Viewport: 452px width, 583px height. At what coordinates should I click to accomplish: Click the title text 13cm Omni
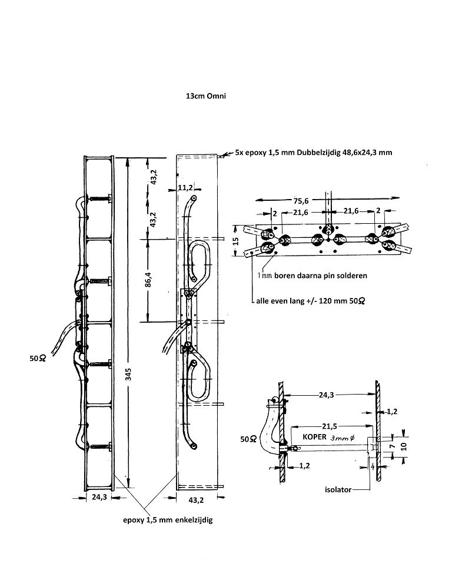pyautogui.click(x=206, y=96)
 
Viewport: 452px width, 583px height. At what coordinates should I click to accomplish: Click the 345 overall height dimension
pyautogui.click(x=128, y=374)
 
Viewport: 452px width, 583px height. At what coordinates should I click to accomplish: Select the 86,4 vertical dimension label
pyautogui.click(x=148, y=280)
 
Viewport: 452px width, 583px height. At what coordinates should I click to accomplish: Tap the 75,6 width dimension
pyautogui.click(x=301, y=201)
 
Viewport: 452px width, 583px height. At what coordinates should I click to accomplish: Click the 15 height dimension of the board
pyautogui.click(x=235, y=241)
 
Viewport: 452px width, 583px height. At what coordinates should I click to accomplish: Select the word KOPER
pyautogui.click(x=314, y=437)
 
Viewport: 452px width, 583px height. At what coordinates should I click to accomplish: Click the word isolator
pyautogui.click(x=338, y=490)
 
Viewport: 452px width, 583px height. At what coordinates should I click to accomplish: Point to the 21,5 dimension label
pyautogui.click(x=330, y=426)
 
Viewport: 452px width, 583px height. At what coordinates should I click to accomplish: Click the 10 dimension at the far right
pyautogui.click(x=404, y=446)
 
